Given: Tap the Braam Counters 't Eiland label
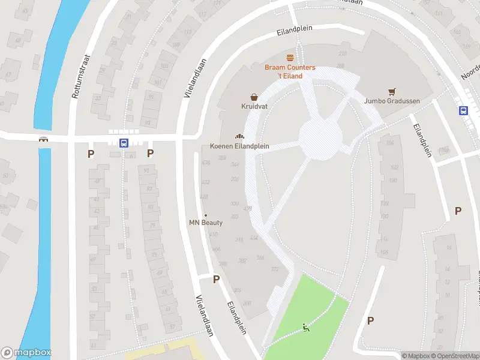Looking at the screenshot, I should (x=290, y=71).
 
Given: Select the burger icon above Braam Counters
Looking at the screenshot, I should (x=290, y=58).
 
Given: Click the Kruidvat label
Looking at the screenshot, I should (x=254, y=107).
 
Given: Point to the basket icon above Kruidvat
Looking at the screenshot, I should (x=254, y=97).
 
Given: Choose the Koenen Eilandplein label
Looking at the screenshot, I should (x=239, y=146).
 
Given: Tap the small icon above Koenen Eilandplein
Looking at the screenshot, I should (x=239, y=136).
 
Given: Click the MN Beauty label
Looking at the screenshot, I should (x=206, y=223).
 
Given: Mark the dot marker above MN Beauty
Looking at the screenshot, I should (x=206, y=215).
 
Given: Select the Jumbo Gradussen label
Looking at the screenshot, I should (x=392, y=101).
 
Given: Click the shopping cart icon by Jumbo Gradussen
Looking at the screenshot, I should (x=392, y=91).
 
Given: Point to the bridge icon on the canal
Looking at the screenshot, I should (x=43, y=140).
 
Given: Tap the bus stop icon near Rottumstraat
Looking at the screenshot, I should (x=124, y=143).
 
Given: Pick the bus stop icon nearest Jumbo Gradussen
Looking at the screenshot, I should (x=463, y=110).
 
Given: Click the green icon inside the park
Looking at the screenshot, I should (x=306, y=327).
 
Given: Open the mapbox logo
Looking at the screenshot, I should (x=26, y=353).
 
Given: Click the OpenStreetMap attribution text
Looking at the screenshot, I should (x=457, y=356).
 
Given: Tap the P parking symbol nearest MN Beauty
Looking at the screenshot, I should (x=216, y=279).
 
